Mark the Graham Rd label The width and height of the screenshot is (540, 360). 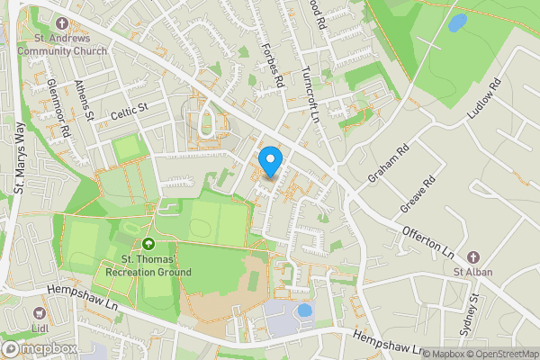click(389, 162)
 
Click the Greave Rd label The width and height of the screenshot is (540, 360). click(418, 193)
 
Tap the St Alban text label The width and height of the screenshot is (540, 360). click(473, 273)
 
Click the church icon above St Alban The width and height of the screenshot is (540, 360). click(473, 257)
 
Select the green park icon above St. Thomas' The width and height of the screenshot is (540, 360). click(148, 243)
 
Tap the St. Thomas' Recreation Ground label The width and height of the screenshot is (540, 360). click(148, 265)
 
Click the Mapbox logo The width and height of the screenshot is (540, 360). click(39, 349)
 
